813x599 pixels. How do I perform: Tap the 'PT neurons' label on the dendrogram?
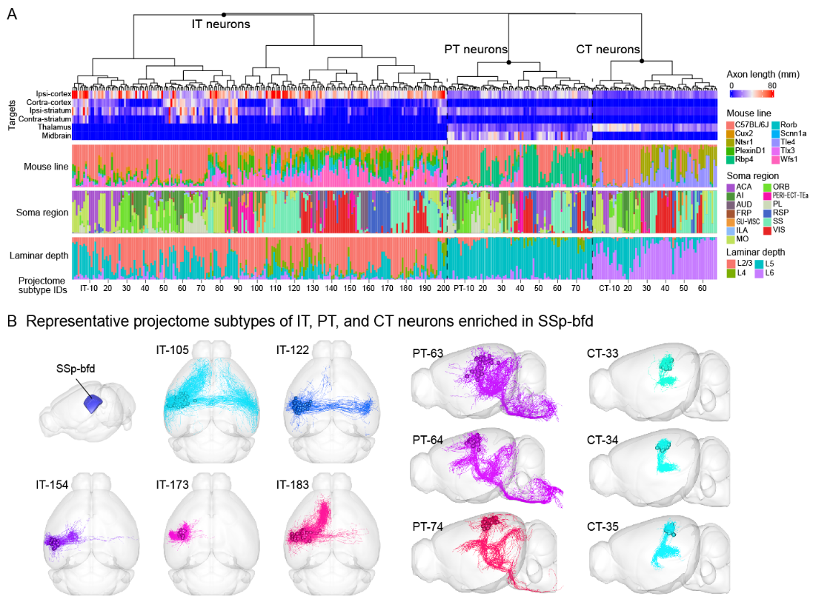coord(475,50)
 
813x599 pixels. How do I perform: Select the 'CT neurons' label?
coord(608,50)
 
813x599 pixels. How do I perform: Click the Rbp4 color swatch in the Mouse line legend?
coord(730,159)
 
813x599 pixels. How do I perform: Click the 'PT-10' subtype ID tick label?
coord(463,287)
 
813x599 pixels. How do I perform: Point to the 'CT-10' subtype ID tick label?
coord(608,287)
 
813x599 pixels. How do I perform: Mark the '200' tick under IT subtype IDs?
coord(443,287)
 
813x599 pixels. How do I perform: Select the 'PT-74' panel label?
coord(428,526)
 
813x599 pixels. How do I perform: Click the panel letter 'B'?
coord(11,323)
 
